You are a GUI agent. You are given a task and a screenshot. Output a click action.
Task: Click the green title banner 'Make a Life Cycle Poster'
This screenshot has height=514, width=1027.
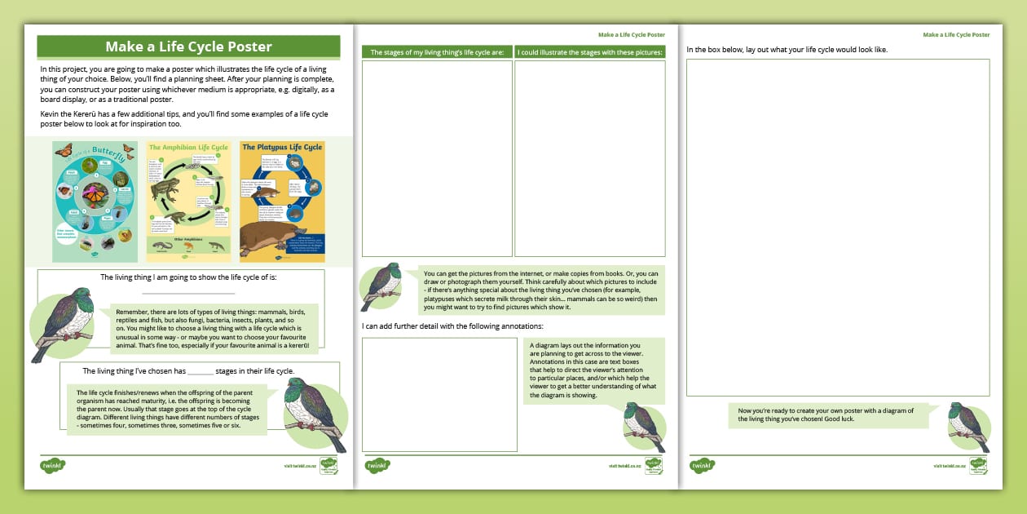tap(188, 47)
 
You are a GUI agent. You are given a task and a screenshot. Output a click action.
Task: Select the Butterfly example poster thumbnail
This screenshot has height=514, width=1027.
tap(95, 202)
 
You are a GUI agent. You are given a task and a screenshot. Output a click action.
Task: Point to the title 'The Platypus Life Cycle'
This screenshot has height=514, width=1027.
tap(283, 148)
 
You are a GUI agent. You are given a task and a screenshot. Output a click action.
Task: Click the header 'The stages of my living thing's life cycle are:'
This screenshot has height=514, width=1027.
tap(437, 52)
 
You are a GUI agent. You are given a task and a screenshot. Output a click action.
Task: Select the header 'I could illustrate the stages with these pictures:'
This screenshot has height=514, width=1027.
tap(590, 52)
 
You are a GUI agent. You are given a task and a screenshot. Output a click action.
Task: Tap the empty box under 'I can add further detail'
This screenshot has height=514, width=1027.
tap(439, 394)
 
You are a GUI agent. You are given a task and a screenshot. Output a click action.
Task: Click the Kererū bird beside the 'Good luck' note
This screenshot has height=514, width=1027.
tap(969, 427)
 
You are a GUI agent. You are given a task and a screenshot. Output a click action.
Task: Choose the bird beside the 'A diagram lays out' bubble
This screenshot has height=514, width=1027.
tap(644, 427)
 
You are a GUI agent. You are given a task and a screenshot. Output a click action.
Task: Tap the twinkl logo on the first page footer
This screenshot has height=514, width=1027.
tap(53, 466)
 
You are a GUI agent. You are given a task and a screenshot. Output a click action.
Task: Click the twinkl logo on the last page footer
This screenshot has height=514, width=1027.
tap(703, 466)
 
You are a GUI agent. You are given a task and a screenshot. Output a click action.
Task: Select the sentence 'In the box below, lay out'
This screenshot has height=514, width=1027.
tap(787, 50)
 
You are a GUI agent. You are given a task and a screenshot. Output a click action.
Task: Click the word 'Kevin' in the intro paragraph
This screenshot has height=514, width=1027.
tap(50, 113)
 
